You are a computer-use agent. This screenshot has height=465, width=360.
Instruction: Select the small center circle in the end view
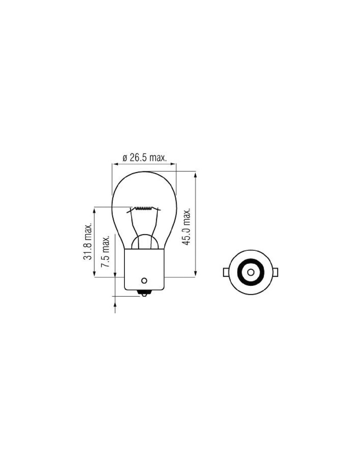[251, 272]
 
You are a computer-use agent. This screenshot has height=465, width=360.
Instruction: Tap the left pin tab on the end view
[226, 272]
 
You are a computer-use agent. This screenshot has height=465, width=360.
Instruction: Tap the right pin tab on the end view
[275, 272]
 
